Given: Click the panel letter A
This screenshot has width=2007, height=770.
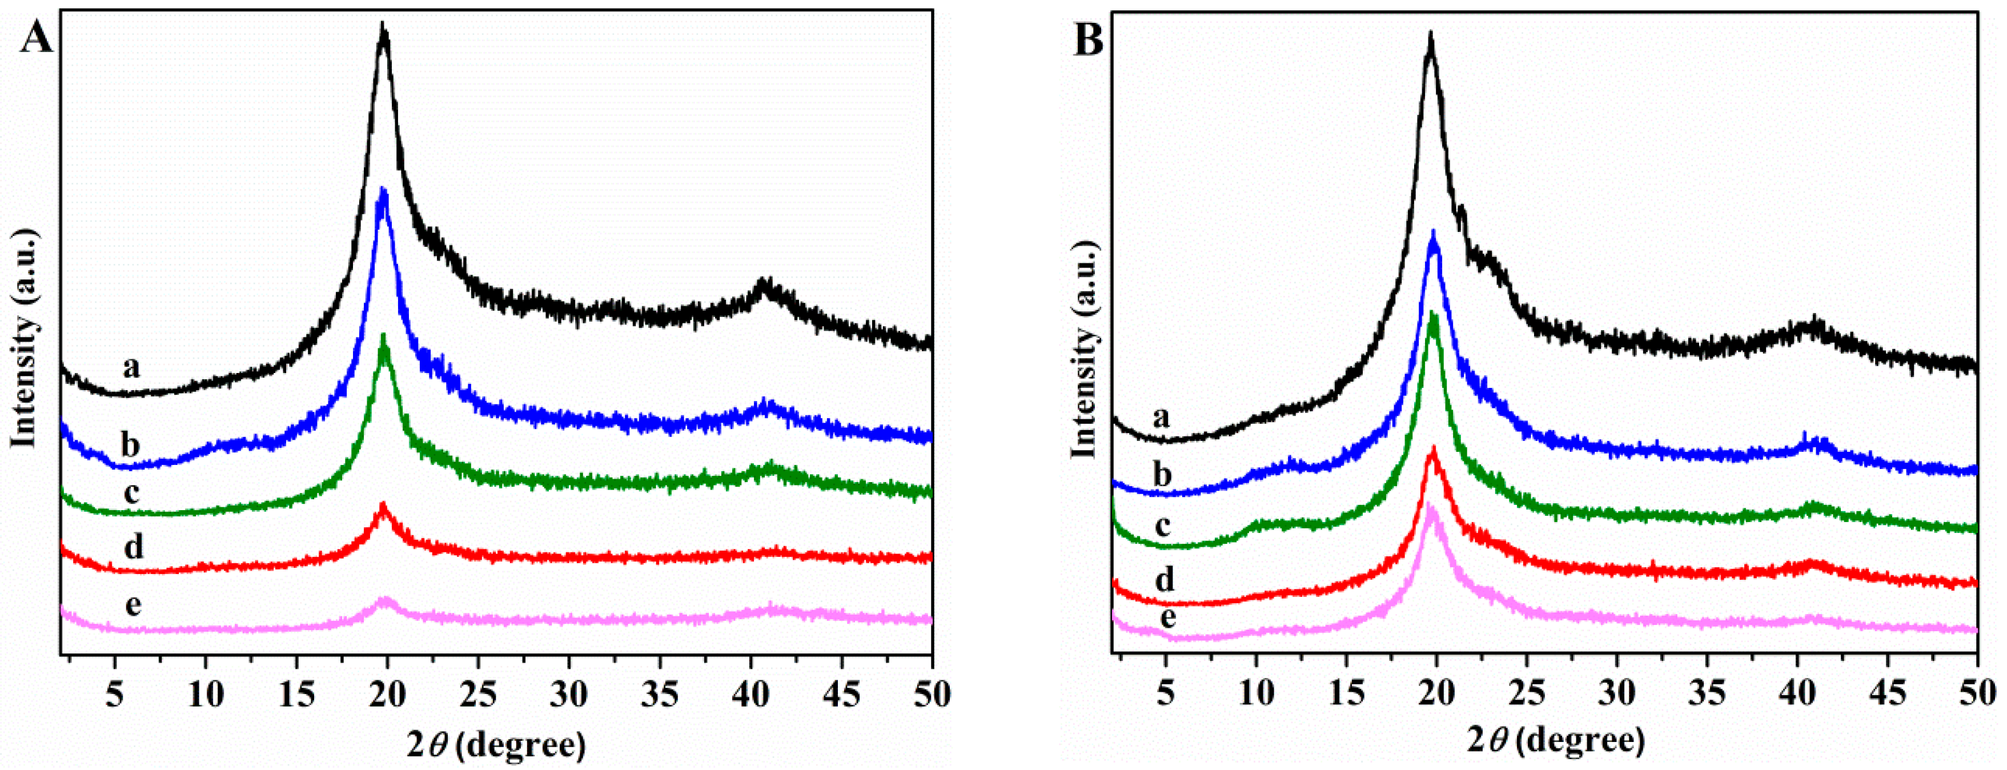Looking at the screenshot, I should pyautogui.click(x=36, y=37).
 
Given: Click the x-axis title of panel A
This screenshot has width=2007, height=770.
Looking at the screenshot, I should pyautogui.click(x=496, y=745).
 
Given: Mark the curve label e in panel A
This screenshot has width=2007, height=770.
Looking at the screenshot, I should pyautogui.click(x=133, y=605).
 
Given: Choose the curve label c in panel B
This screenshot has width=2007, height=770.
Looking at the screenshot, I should pyautogui.click(x=1162, y=527).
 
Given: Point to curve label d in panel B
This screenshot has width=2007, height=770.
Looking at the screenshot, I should pyautogui.click(x=1164, y=580).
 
